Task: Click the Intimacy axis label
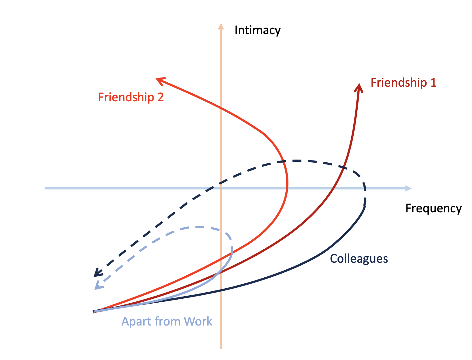tap(257, 31)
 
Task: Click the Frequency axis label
tap(433, 208)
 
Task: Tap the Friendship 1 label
tap(403, 83)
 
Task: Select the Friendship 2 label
tap(131, 97)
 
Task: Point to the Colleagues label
tap(359, 259)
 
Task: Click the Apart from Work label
tap(167, 322)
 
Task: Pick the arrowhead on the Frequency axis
tap(408, 188)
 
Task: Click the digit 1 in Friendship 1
tap(433, 83)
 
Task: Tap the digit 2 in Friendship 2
tap(160, 97)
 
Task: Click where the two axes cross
tap(221, 189)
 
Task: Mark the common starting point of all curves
tap(94, 312)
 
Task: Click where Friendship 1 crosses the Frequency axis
tap(332, 189)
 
